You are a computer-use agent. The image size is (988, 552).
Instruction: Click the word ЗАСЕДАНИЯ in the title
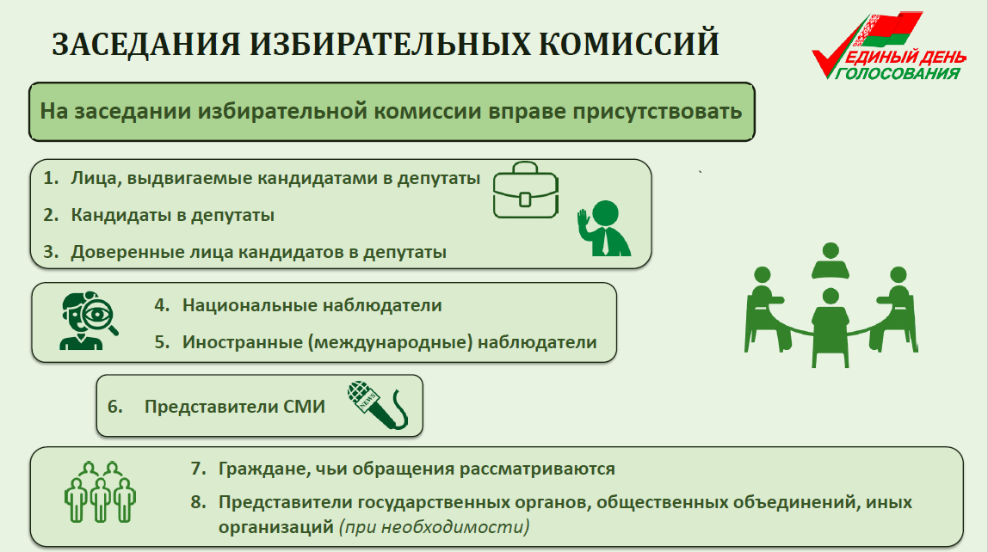point(146,44)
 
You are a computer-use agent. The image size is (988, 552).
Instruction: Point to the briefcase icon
point(526,191)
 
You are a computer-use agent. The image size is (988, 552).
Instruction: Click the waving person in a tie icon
point(603,228)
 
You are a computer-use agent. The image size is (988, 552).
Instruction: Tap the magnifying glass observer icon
point(88,321)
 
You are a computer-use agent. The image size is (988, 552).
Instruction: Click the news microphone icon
point(378,405)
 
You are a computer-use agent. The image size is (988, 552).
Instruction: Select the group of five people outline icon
point(100,492)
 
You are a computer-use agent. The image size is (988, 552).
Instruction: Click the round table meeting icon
point(831,305)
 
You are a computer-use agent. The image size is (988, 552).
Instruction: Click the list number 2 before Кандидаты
point(51,215)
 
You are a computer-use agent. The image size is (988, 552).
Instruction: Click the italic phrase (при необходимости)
point(435,526)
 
